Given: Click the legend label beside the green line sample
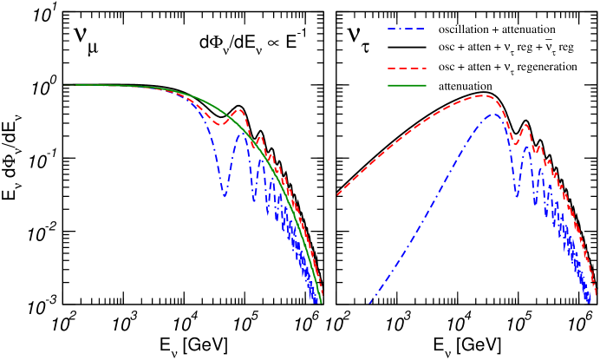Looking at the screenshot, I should pos(466,86).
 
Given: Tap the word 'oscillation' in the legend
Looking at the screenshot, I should pos(464,30).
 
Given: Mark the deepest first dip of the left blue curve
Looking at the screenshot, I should pos(225,196).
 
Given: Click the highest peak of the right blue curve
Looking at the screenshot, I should pos(493,114).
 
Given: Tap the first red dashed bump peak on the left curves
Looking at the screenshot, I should pos(238,110).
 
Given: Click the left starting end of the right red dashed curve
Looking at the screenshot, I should pos(337,194).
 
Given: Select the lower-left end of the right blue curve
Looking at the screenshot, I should pos(370,303).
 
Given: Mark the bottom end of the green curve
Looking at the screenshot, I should pos(321,302).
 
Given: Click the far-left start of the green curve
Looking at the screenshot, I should pos(64,85).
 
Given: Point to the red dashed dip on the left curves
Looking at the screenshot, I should pos(221,124).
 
